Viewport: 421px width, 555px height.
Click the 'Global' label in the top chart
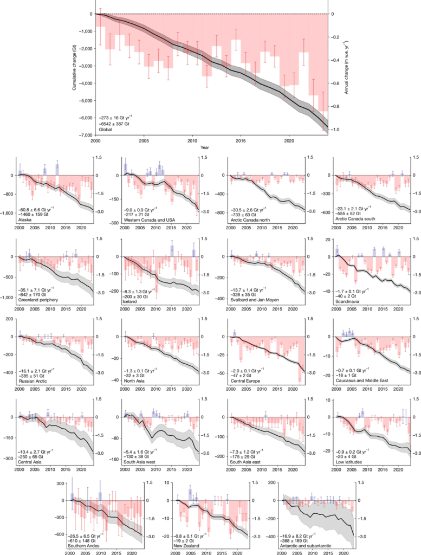105,128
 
